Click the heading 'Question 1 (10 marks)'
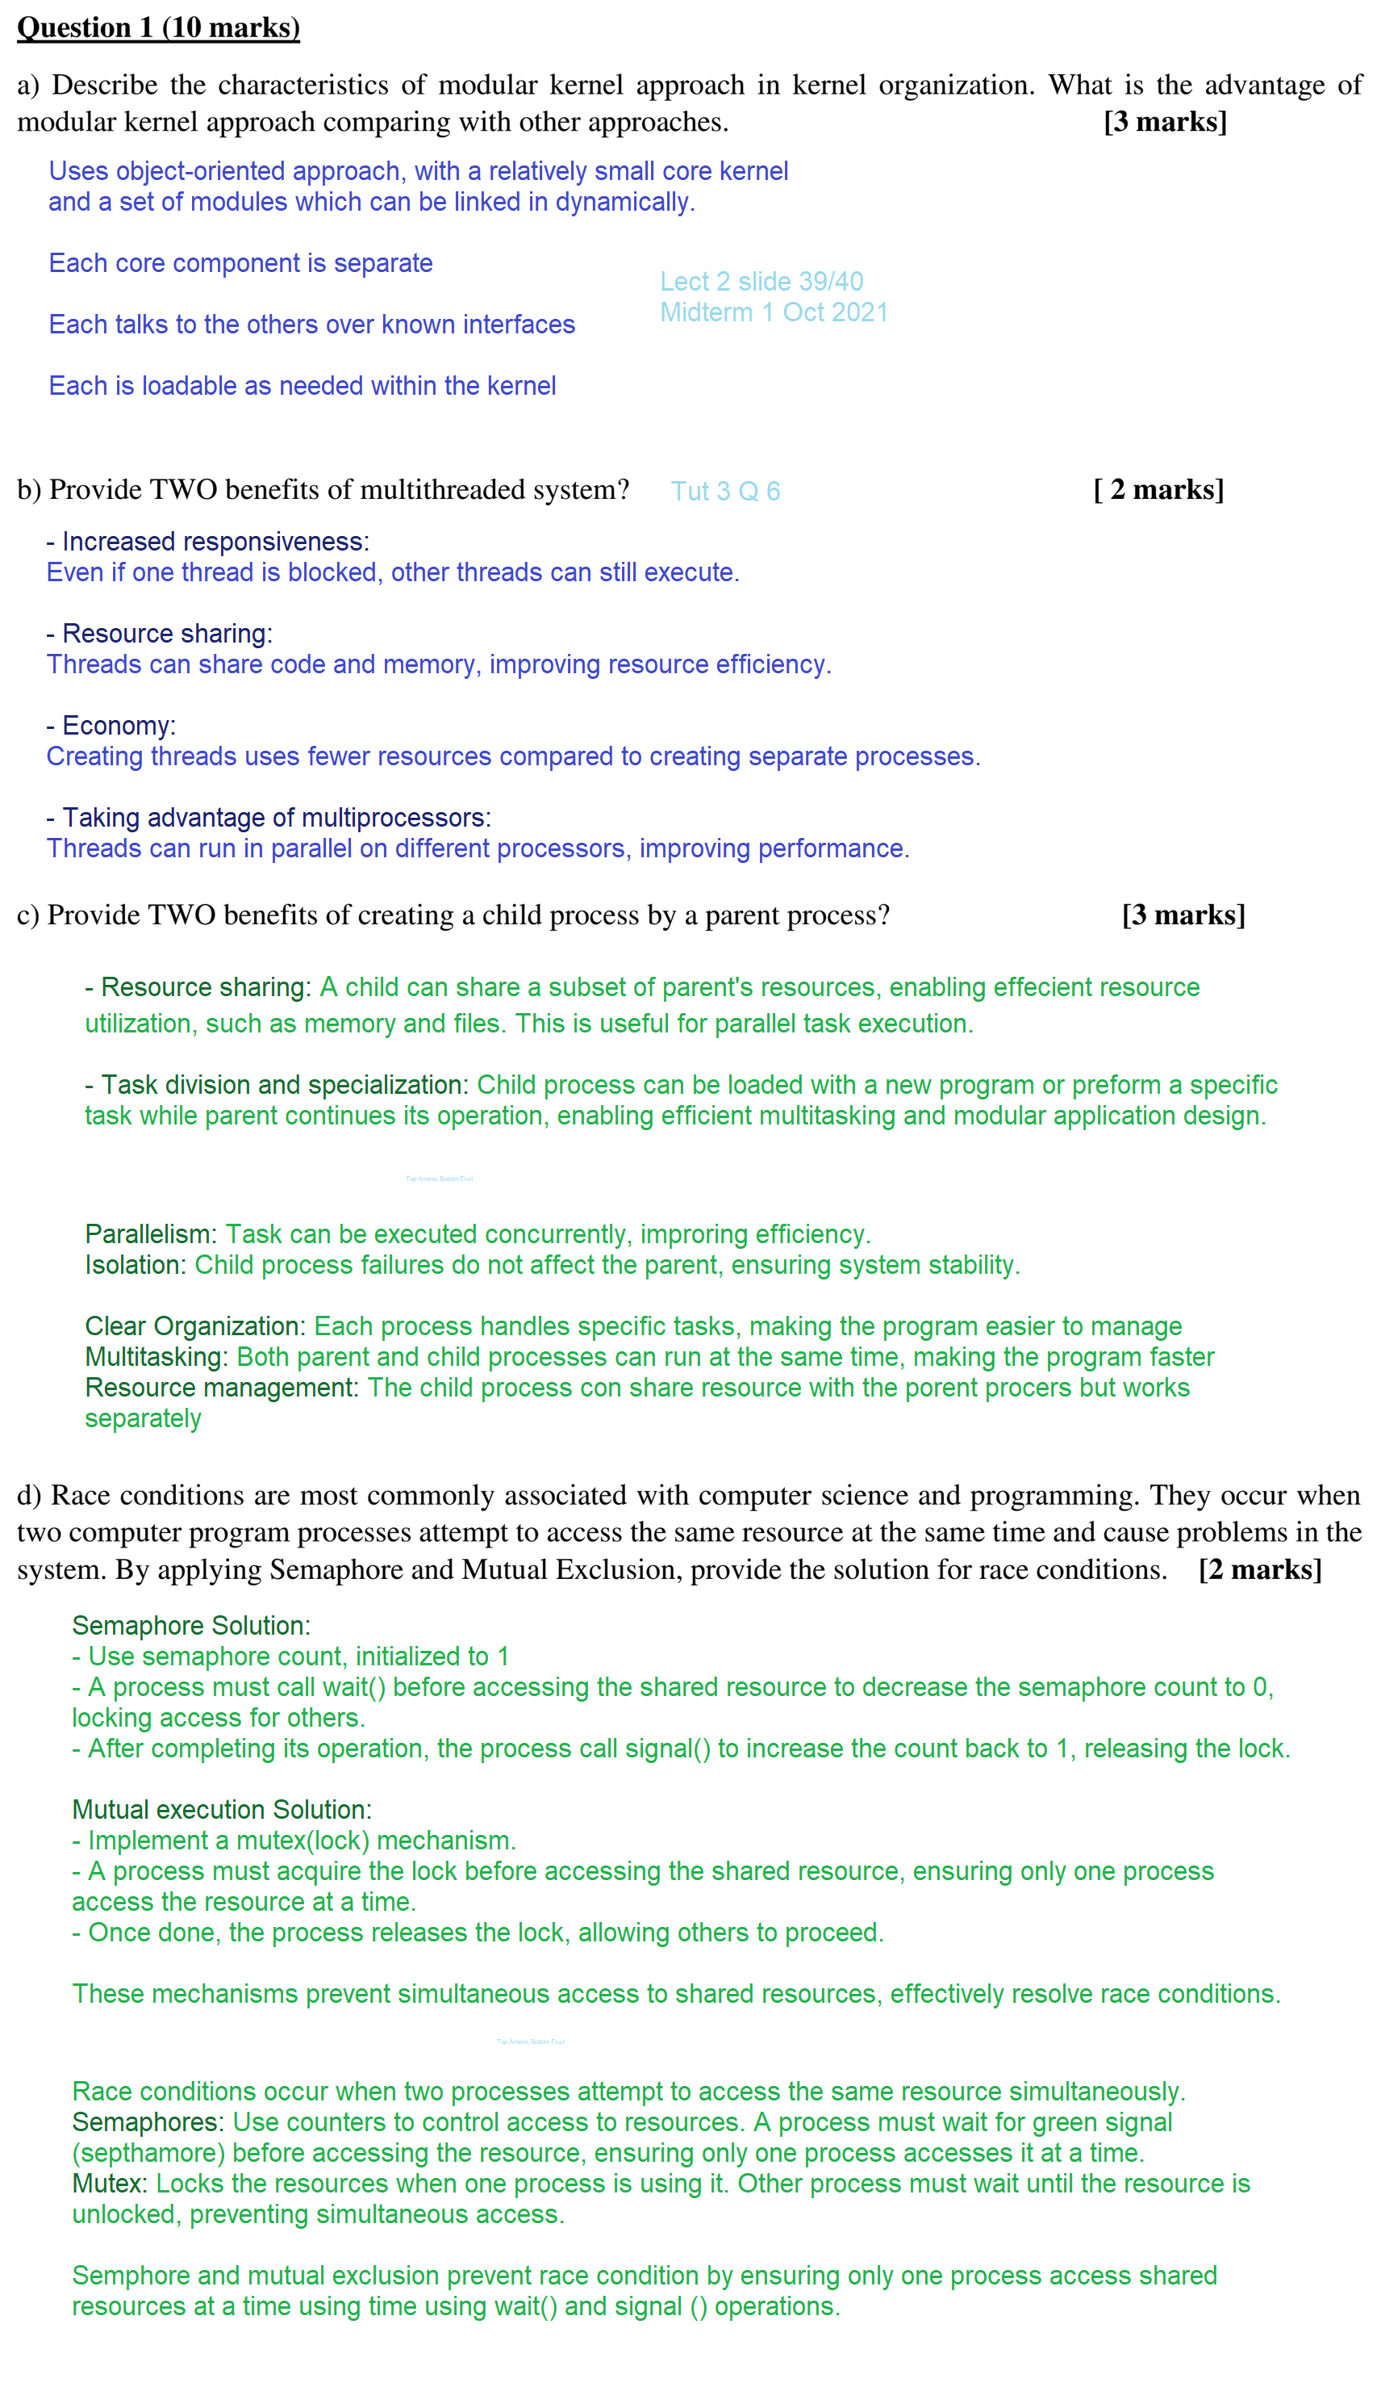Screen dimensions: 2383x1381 (158, 27)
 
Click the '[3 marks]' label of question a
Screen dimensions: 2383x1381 (1165, 122)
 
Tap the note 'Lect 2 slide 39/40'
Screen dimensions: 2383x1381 (761, 281)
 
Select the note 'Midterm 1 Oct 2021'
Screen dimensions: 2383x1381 (774, 312)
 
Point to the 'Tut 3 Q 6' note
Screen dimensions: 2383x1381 (725, 491)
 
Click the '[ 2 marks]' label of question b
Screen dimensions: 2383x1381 (1158, 490)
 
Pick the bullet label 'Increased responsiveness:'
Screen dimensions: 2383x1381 (215, 541)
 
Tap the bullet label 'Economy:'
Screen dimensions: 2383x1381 (118, 725)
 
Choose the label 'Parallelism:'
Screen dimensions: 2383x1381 (151, 1233)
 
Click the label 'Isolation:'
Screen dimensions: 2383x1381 (136, 1264)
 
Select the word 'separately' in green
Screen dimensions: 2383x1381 (143, 1418)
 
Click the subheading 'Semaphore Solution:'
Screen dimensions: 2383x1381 (191, 1625)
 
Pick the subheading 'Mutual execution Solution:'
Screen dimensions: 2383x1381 (221, 1809)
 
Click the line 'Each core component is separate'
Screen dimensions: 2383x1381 (240, 263)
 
